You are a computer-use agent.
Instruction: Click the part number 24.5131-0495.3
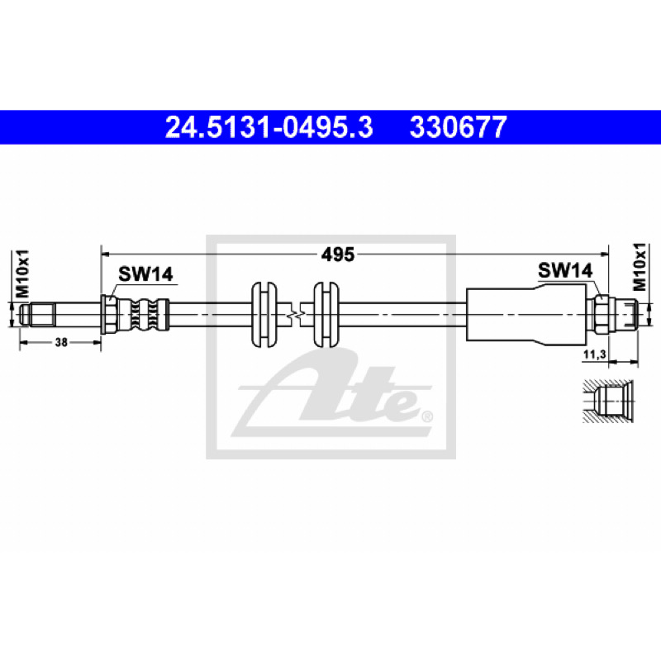coord(269,127)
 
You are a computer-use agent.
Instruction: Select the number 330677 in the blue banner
coord(458,127)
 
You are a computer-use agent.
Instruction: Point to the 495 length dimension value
coord(338,254)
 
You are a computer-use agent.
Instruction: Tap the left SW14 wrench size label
coord(145,274)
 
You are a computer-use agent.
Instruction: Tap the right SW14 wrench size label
coord(565,270)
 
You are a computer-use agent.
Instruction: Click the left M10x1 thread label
coord(22,273)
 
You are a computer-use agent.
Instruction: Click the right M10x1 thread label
coord(639,267)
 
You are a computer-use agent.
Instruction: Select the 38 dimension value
coord(61,342)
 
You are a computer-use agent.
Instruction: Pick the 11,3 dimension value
coord(594,354)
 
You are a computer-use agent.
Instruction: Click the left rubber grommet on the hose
coord(264,315)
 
